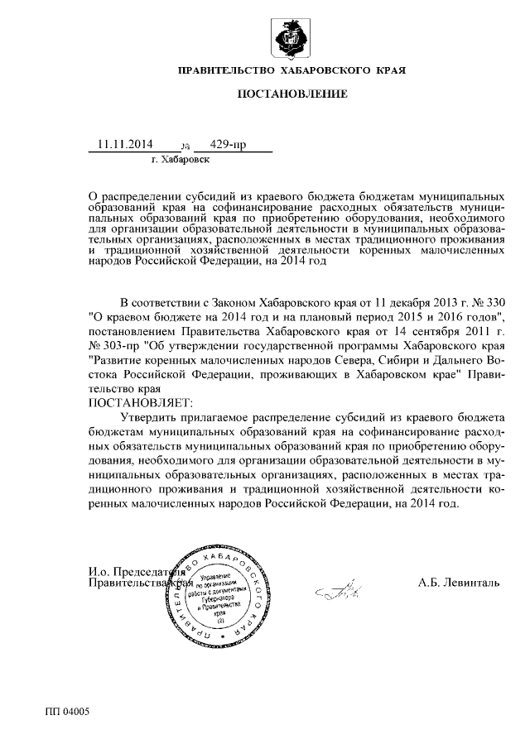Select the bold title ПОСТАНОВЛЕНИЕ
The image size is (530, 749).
click(292, 96)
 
